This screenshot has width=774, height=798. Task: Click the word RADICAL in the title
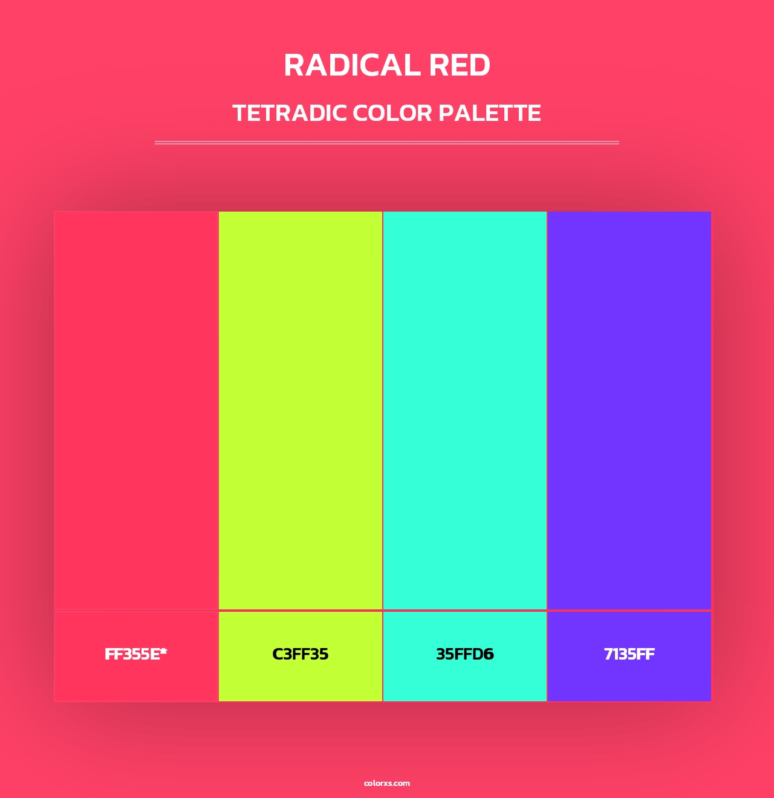[353, 65]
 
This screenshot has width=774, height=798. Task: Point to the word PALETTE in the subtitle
[490, 113]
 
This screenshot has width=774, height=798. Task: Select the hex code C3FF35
[301, 654]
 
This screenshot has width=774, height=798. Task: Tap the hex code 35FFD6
[465, 654]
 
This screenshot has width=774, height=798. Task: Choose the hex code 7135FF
[629, 654]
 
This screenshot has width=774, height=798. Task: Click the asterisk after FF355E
[163, 652]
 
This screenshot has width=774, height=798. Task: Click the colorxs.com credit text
[387, 783]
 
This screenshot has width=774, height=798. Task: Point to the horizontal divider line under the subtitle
[387, 143]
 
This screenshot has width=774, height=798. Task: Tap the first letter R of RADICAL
[294, 65]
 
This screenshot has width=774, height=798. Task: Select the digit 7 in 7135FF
[608, 654]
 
